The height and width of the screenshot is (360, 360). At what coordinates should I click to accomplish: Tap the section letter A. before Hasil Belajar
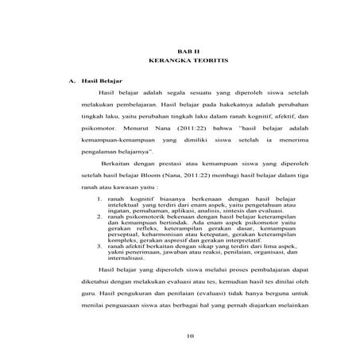point(73,83)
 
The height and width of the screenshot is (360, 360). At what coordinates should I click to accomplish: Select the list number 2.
point(97,216)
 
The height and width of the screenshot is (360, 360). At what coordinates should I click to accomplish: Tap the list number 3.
point(97,247)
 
